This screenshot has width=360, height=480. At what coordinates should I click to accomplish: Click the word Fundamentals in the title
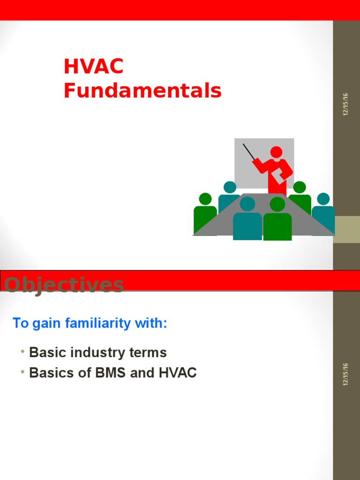pyautogui.click(x=142, y=90)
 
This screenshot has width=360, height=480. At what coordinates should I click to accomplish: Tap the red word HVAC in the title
pyautogui.click(x=93, y=67)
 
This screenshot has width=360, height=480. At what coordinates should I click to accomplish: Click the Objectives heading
pyautogui.click(x=64, y=285)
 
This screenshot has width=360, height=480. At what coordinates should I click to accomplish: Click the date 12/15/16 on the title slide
pyautogui.click(x=346, y=105)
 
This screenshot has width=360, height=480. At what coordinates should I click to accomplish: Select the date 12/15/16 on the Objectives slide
pyautogui.click(x=346, y=374)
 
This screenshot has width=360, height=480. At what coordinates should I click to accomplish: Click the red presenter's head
pyautogui.click(x=277, y=152)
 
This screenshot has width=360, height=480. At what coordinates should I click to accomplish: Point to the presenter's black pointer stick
pyautogui.click(x=249, y=152)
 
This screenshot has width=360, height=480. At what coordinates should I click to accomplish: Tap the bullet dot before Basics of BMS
pyautogui.click(x=22, y=372)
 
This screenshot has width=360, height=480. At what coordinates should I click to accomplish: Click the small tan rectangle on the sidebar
pyautogui.click(x=346, y=230)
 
